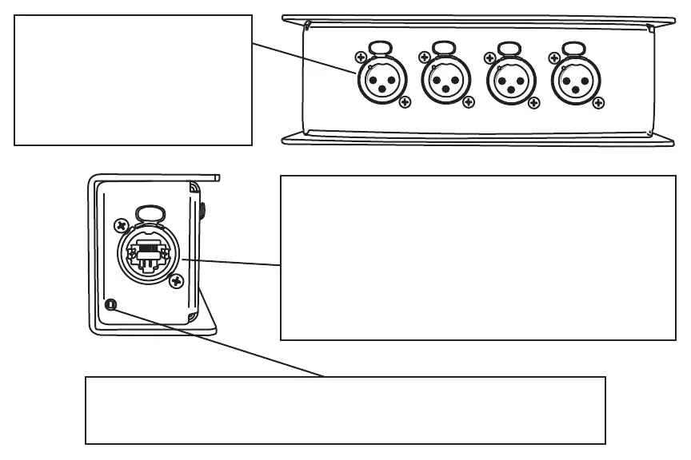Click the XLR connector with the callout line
pyautogui.click(x=381, y=80)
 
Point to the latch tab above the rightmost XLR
pyautogui.click(x=573, y=50)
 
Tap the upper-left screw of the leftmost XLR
pyautogui.click(x=360, y=57)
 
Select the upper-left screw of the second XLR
pyautogui.click(x=425, y=57)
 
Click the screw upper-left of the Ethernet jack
pyautogui.click(x=122, y=225)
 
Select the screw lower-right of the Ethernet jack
pyautogui.click(x=178, y=280)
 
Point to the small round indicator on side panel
pyautogui.click(x=111, y=304)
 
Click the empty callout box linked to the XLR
pyautogui.click(x=133, y=80)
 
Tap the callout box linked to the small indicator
pyautogui.click(x=345, y=410)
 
